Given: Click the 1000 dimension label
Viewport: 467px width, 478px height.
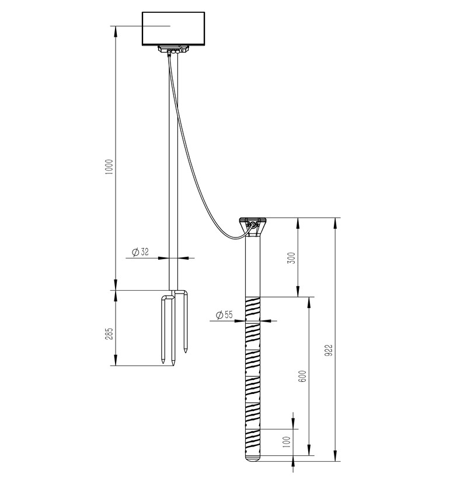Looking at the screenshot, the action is click(x=109, y=167).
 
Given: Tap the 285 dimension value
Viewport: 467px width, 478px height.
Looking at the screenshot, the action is click(x=109, y=334).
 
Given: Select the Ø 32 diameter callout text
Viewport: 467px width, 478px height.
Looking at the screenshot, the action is click(x=140, y=252).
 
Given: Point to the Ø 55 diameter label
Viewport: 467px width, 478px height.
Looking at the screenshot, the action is click(x=224, y=315).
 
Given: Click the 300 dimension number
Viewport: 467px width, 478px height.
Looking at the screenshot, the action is click(x=292, y=258).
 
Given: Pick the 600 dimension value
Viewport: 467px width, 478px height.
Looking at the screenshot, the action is click(x=302, y=377).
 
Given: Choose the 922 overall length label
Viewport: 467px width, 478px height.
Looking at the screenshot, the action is click(x=329, y=351).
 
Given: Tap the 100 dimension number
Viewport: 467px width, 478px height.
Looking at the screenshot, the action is click(x=287, y=442).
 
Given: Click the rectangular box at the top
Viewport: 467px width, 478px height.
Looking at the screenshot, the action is click(x=173, y=29).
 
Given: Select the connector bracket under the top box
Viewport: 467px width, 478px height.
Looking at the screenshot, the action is click(x=173, y=50).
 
